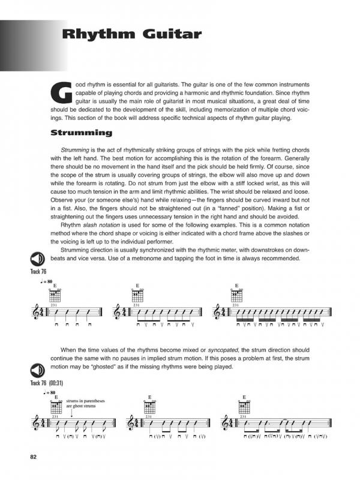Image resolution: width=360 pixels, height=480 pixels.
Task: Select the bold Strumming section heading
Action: tap(82, 133)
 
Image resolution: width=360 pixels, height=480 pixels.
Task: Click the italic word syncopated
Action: tap(224, 349)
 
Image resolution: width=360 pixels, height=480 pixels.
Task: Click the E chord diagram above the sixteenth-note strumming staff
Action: tap(236, 295)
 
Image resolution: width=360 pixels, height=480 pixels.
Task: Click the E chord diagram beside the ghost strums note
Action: tap(55, 406)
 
